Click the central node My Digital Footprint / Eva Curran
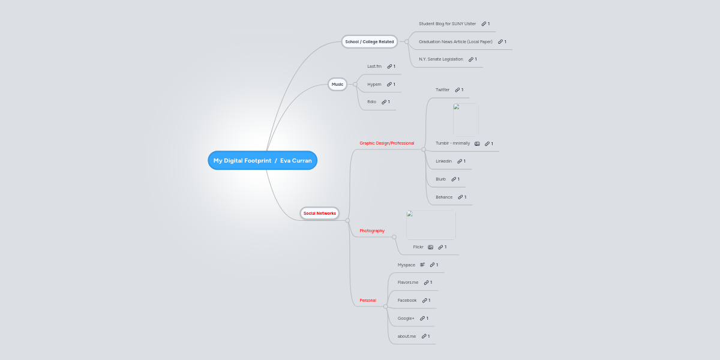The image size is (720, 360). [262, 160]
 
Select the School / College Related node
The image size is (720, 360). [370, 41]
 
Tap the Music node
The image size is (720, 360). [337, 84]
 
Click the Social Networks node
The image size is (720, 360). [319, 213]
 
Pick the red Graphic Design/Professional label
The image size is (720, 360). [386, 143]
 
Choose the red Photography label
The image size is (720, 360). [371, 230]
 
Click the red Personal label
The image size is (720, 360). [367, 300]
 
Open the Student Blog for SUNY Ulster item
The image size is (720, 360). [447, 23]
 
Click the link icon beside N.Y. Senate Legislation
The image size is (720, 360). [471, 59]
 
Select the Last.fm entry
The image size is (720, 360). [374, 66]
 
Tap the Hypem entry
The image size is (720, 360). [374, 84]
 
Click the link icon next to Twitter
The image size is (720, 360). [457, 89]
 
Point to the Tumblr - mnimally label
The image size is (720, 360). [452, 143]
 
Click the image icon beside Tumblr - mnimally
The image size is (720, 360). [477, 143]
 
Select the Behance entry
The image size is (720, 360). [444, 197]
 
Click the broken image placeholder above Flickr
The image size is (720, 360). [431, 224]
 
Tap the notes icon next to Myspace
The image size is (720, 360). [422, 265]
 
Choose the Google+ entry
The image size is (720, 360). [406, 318]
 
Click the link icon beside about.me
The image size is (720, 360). [424, 336]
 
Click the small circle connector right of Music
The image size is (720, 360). [355, 84]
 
